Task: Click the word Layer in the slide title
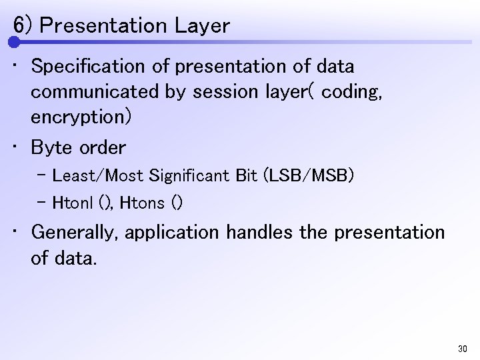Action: [x=203, y=26]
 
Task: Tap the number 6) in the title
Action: [x=23, y=26]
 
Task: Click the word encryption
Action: [x=79, y=117]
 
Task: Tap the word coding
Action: [x=351, y=92]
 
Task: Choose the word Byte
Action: [x=52, y=147]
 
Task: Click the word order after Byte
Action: [x=101, y=147]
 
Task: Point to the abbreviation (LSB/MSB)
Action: [x=309, y=176]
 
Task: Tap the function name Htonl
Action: [x=71, y=202]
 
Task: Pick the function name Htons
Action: [x=143, y=202]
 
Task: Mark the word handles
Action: [x=255, y=233]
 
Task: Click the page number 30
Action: [x=463, y=349]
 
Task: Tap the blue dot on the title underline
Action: [x=15, y=42]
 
